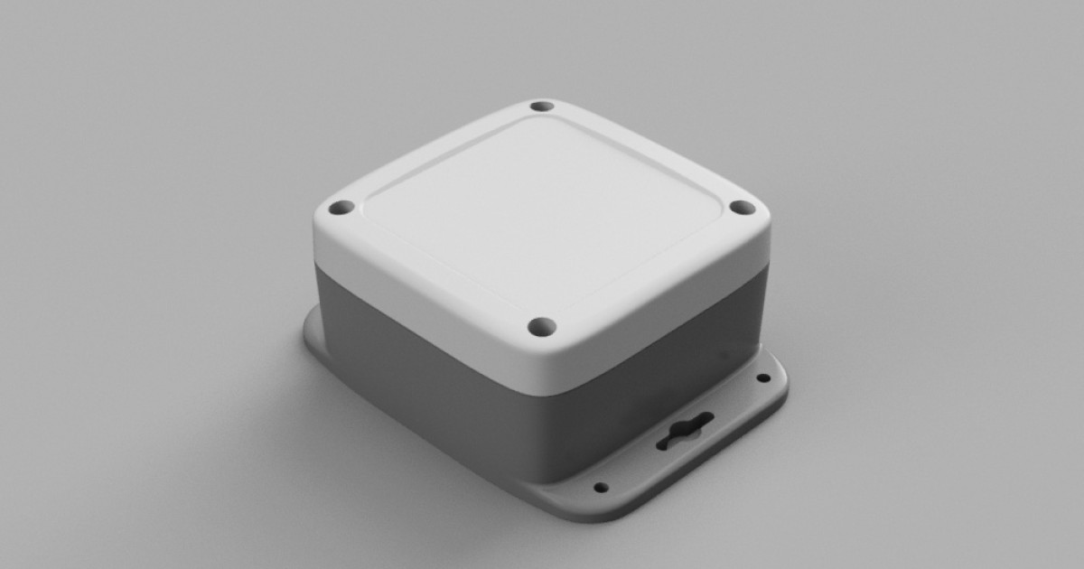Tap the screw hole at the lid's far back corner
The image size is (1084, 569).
(541, 106)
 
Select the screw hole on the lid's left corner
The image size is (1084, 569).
(340, 208)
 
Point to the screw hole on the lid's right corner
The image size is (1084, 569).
(742, 208)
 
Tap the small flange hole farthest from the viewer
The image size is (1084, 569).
(763, 378)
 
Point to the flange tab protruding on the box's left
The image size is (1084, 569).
(311, 334)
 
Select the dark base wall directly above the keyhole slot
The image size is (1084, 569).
(659, 370)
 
